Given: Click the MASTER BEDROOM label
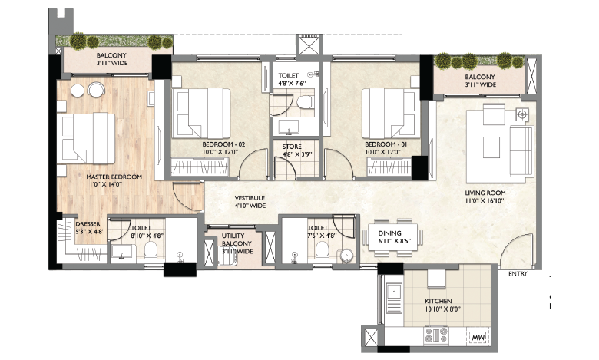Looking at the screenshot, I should pyautogui.click(x=114, y=177).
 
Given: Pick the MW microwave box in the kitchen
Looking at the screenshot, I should pyautogui.click(x=478, y=337).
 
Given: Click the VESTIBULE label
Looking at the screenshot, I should pyautogui.click(x=250, y=198).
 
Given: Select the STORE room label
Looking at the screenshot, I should pyautogui.click(x=292, y=146).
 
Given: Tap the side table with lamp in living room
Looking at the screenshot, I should pyautogui.click(x=523, y=114).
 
